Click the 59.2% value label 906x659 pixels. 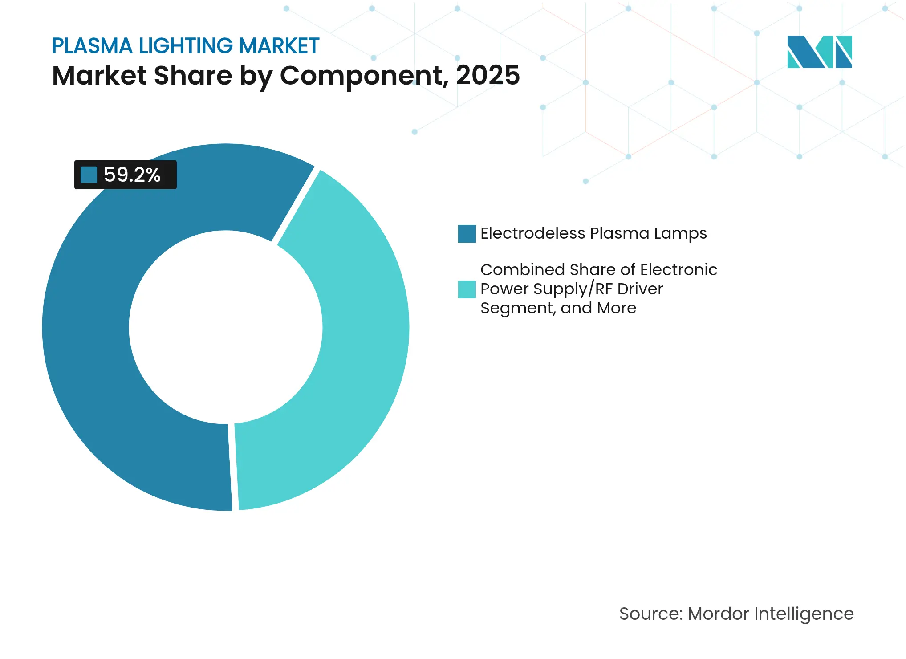point(132,175)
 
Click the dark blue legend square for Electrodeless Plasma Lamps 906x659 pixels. point(467,234)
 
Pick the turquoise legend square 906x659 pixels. point(467,289)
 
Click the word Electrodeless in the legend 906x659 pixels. point(532,233)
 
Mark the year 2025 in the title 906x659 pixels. point(488,75)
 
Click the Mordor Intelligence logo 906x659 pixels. point(819,52)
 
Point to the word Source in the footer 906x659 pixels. point(650,614)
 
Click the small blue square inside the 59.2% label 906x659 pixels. point(89,175)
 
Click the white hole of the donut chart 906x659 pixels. point(226,327)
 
